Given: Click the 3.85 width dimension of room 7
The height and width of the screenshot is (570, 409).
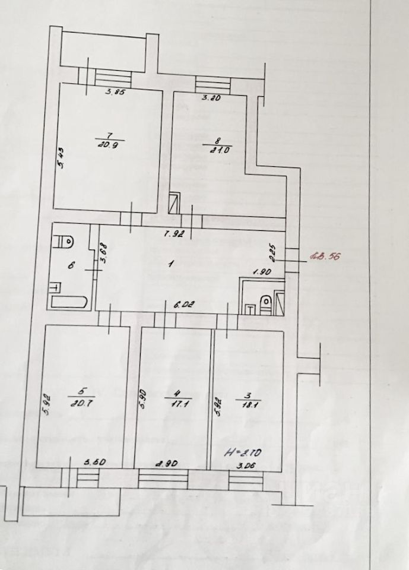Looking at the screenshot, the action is click(x=115, y=92).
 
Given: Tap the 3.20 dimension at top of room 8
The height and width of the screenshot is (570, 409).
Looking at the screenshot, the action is click(x=211, y=99).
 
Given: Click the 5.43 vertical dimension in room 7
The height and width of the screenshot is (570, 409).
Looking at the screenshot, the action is click(x=61, y=159).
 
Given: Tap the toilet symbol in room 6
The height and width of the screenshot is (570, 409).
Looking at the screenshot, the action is click(x=65, y=242).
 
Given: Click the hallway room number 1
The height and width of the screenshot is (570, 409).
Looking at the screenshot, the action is click(x=170, y=265).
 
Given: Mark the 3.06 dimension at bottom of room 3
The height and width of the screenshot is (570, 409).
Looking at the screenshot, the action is click(x=245, y=466).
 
